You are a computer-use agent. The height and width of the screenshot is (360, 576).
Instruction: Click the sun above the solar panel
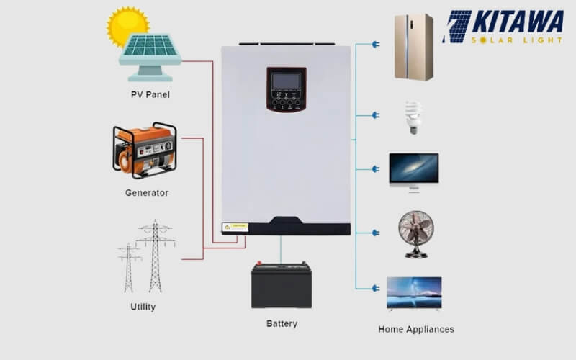click(x=127, y=26)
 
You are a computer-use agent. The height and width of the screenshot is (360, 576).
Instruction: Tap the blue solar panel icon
click(x=150, y=52)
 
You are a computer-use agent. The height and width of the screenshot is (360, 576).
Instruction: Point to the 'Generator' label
click(x=146, y=193)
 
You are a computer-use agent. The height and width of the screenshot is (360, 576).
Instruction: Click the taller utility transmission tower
click(x=156, y=256)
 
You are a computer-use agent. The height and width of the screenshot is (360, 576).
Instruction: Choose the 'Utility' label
click(x=143, y=307)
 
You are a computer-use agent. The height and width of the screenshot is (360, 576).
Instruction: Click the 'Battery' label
click(x=282, y=324)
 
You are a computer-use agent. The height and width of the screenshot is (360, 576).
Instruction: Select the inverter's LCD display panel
click(x=286, y=81)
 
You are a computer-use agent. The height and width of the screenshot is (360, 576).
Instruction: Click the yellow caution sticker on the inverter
click(x=235, y=227)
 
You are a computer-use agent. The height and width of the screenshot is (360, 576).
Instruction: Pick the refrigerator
click(x=413, y=47)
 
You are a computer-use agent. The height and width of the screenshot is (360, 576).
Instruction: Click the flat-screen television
click(x=414, y=293)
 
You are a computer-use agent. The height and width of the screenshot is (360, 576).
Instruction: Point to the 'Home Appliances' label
click(x=416, y=329)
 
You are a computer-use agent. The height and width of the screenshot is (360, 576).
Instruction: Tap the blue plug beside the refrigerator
click(x=375, y=45)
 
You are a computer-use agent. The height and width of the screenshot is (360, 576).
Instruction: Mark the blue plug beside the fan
click(x=375, y=233)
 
